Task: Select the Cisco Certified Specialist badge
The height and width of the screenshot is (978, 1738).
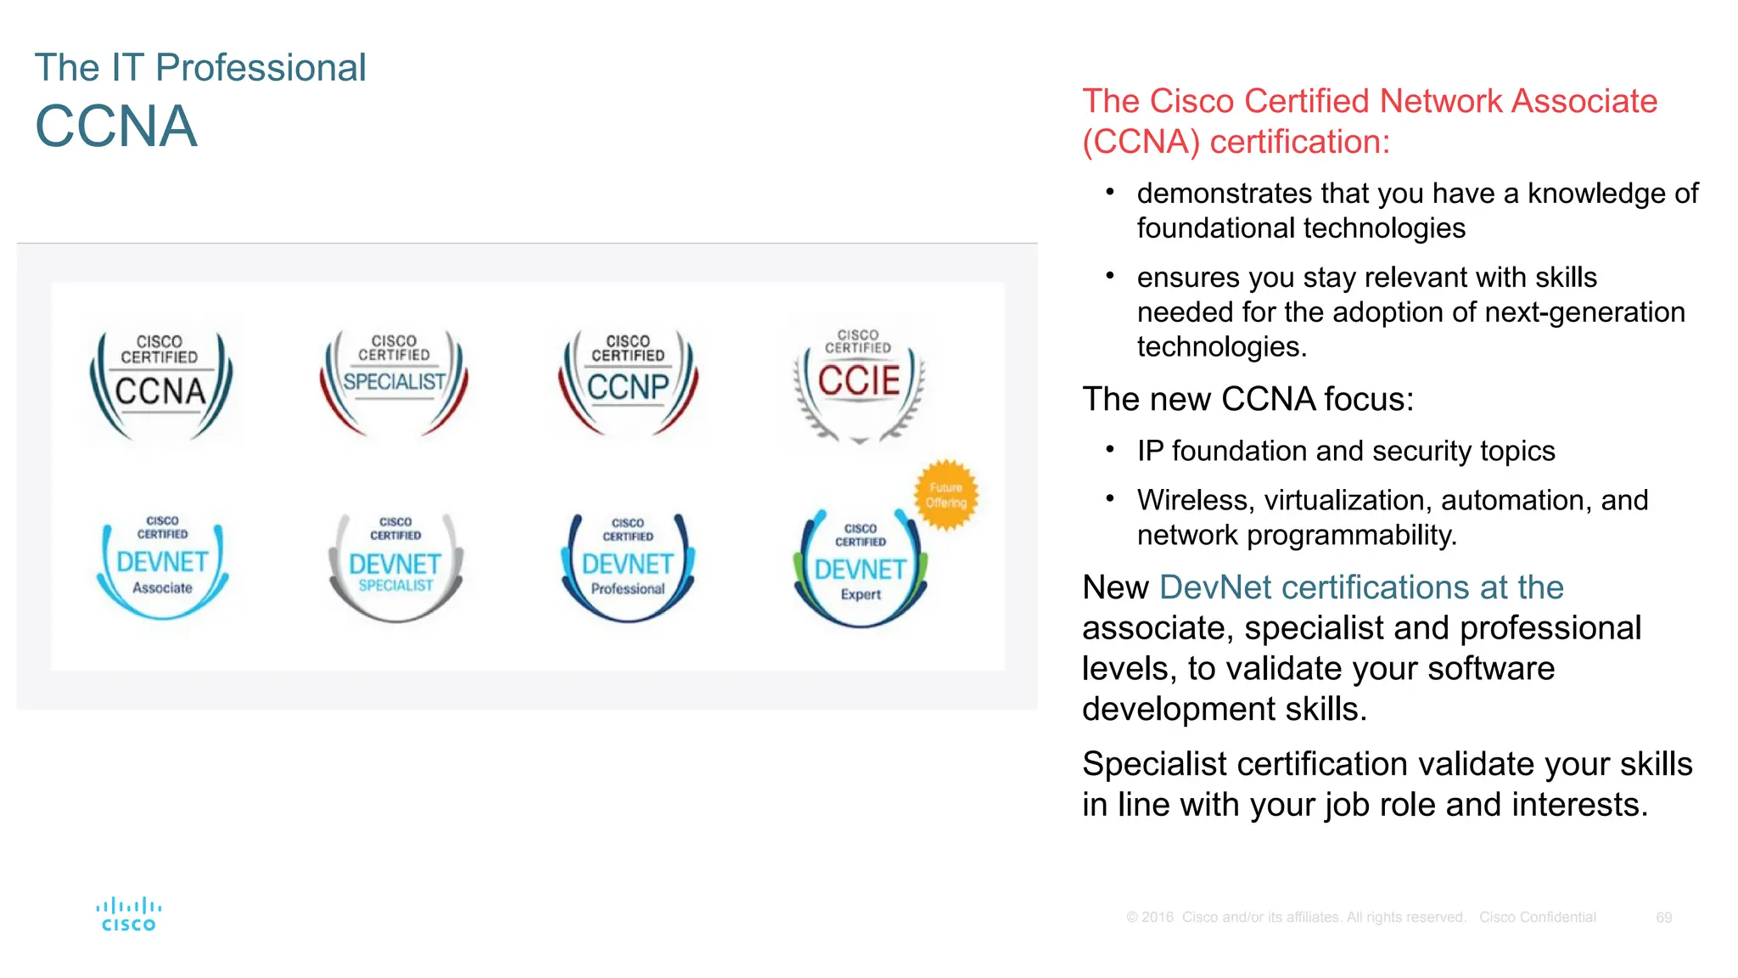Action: click(x=394, y=382)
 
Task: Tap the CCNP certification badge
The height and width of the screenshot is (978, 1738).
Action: click(x=628, y=383)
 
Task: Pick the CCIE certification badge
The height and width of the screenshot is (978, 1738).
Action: click(x=859, y=385)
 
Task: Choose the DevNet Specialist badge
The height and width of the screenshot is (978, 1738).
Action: click(x=395, y=566)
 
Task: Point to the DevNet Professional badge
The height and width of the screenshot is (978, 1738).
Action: click(x=628, y=567)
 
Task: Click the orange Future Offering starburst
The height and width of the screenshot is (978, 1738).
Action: click(x=945, y=495)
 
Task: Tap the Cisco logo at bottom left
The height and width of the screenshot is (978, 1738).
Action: click(x=129, y=914)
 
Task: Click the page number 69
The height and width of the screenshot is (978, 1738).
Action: click(x=1663, y=918)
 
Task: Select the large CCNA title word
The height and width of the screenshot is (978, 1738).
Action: click(x=116, y=126)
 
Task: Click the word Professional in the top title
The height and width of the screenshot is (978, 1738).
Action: click(x=261, y=68)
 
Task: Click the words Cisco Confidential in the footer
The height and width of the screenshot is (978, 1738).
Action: click(x=1537, y=918)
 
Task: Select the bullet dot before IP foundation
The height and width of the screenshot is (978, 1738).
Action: click(x=1109, y=450)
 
